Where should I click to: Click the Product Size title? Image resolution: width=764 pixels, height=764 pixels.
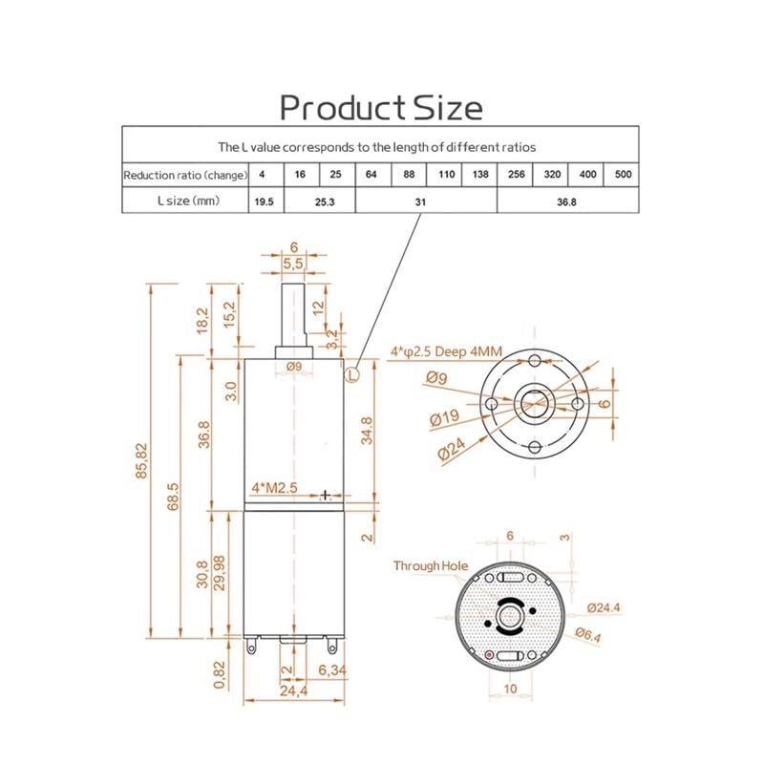tap(381, 106)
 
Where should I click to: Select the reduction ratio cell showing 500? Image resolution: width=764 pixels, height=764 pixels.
tap(622, 175)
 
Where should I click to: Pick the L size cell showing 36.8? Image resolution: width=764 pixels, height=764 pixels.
tap(568, 202)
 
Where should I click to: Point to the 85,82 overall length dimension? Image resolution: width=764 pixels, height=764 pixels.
tap(143, 460)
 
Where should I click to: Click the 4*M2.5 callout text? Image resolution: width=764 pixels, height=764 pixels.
tap(275, 488)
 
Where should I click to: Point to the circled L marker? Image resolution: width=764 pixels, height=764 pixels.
tap(353, 375)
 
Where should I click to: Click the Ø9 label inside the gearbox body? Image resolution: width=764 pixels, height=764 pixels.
tap(293, 366)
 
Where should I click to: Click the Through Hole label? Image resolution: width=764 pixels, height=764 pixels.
tap(430, 566)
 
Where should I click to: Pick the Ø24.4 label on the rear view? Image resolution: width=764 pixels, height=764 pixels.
tap(605, 606)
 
